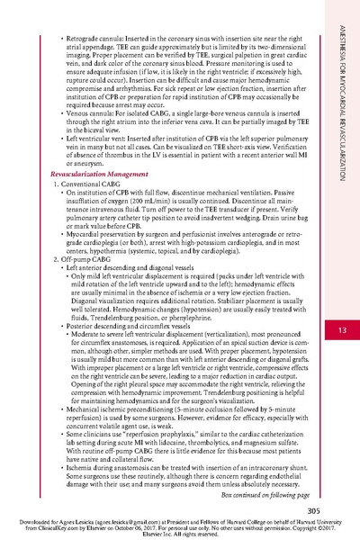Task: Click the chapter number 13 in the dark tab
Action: (342, 309)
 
